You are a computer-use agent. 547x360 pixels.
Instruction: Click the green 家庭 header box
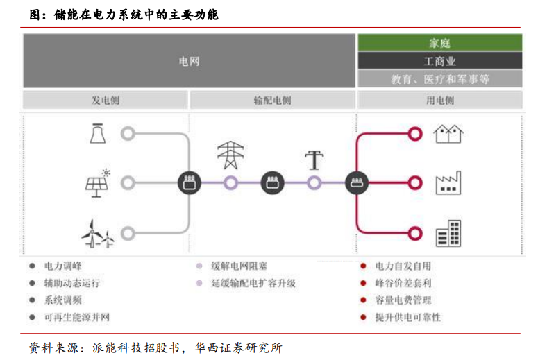(440, 42)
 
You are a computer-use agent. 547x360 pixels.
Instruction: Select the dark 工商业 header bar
(440, 61)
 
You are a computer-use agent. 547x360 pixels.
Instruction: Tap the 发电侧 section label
(106, 101)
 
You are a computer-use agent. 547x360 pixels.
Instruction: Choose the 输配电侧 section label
(272, 101)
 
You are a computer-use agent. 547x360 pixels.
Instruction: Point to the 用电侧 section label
(440, 101)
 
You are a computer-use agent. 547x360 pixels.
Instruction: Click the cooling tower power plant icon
(98, 133)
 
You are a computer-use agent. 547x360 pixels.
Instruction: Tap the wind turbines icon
(98, 234)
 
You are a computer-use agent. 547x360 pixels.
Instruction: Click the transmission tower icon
(230, 155)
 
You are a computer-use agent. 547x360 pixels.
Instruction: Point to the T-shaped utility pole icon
(314, 160)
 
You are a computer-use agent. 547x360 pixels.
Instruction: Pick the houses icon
(448, 134)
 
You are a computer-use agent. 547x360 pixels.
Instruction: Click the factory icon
(448, 183)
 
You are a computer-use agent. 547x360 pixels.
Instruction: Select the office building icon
(448, 234)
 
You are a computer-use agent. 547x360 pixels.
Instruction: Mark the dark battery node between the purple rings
(272, 182)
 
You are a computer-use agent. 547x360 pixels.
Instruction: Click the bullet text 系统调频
(62, 300)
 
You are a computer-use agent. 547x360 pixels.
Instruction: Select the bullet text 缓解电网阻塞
(239, 266)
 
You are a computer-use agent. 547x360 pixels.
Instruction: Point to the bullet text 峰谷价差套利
(403, 283)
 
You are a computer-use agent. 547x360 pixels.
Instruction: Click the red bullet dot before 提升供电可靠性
(363, 317)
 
